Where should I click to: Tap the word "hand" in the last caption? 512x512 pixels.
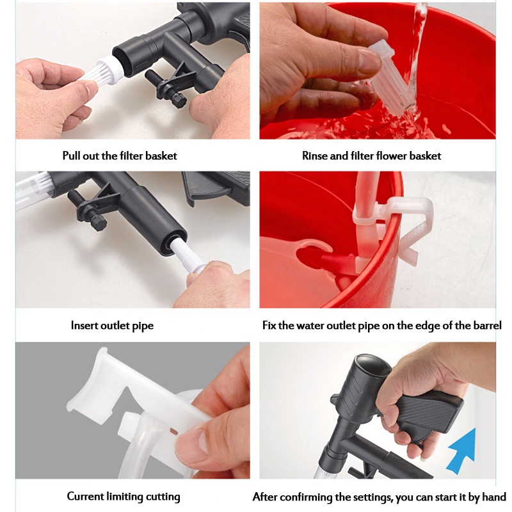pyautogui.click(x=494, y=497)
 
